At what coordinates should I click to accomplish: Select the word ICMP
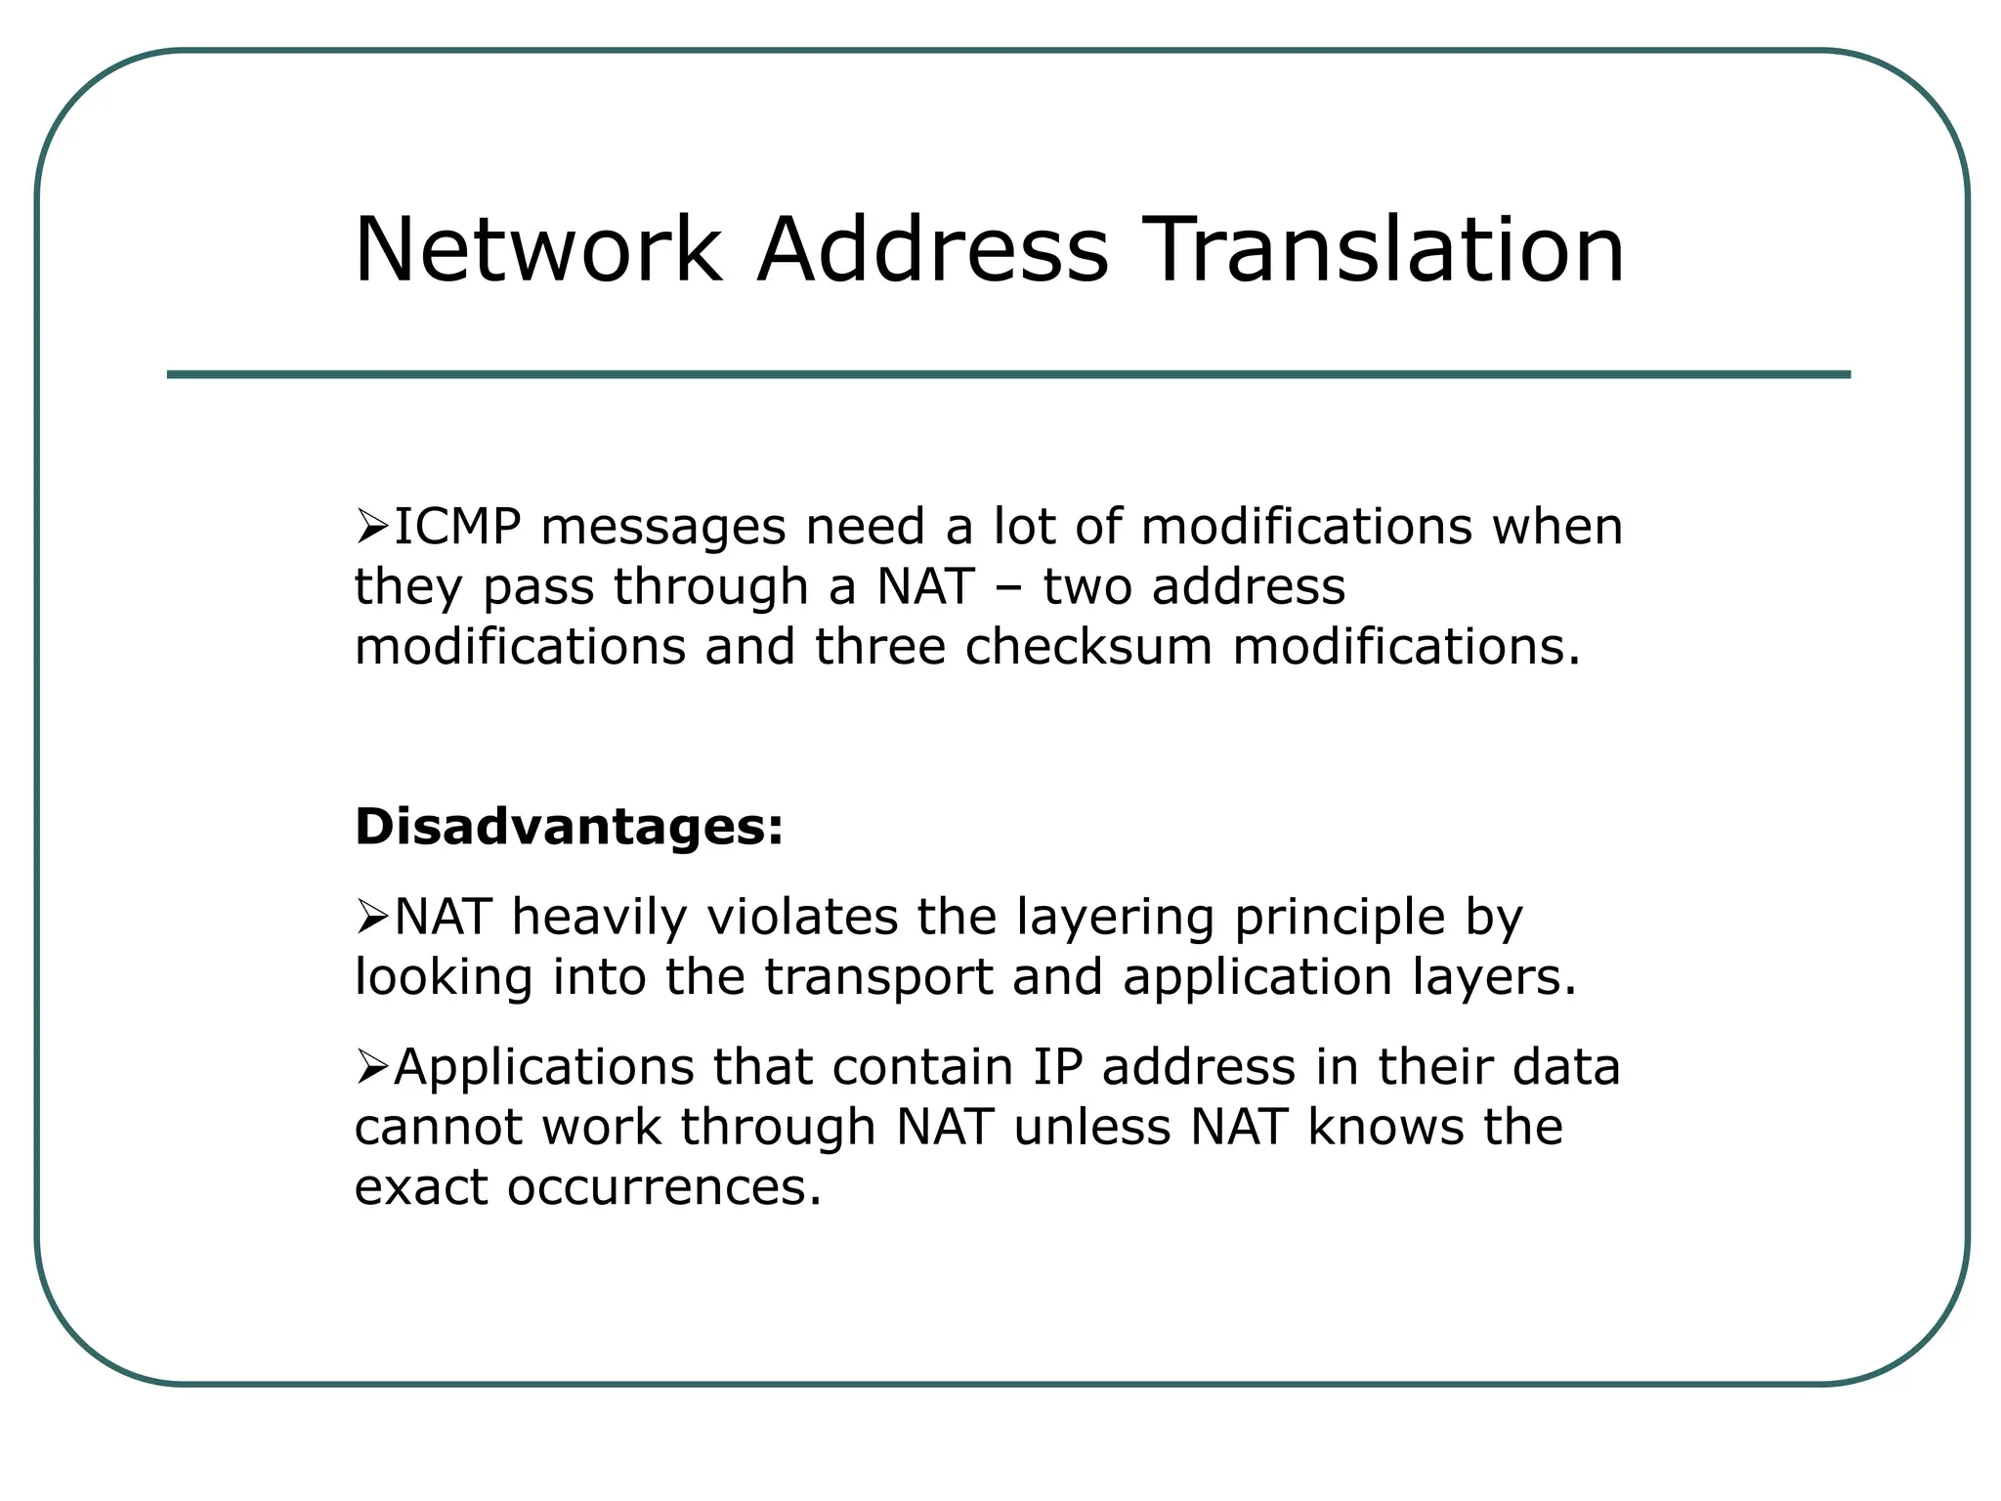[x=457, y=527]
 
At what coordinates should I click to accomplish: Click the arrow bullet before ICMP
[x=371, y=528]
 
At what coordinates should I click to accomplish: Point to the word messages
[x=663, y=529]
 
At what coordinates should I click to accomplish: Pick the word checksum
[x=1088, y=647]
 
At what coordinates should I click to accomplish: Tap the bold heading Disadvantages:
[x=569, y=827]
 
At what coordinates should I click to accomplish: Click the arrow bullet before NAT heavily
[x=371, y=918]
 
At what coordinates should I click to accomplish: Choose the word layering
[x=1116, y=920]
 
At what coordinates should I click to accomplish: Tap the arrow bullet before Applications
[x=371, y=1067]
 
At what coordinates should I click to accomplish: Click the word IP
[x=1058, y=1067]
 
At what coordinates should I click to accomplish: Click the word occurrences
[x=664, y=1188]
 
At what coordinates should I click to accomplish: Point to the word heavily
[x=599, y=920]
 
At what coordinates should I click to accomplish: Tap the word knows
[x=1386, y=1128]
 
